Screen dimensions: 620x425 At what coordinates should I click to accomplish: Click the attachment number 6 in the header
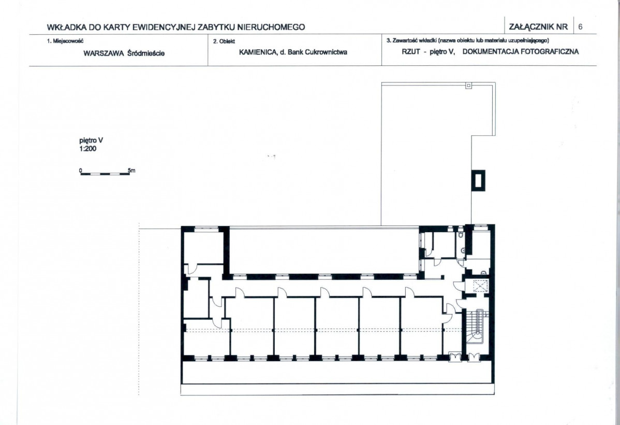580,27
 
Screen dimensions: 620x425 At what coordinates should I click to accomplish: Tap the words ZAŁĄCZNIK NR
538,27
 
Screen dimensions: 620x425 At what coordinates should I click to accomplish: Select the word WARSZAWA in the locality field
104,53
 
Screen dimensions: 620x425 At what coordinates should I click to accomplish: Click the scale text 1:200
88,149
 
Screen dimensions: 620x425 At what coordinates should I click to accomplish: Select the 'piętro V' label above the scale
91,140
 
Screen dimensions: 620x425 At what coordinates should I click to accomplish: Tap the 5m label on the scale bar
131,171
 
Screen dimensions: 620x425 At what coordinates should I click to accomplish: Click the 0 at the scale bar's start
81,171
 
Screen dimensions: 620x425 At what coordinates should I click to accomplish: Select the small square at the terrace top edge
468,85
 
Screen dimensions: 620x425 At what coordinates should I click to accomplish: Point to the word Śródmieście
146,53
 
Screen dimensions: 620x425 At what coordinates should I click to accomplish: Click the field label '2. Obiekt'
224,41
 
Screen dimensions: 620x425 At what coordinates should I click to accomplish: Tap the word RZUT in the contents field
411,52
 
